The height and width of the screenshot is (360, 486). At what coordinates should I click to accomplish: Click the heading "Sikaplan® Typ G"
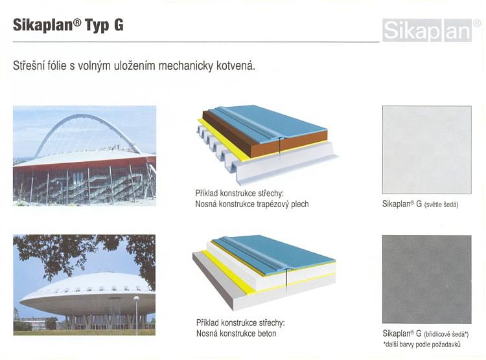point(68,25)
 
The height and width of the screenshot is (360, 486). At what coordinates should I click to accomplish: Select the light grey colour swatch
point(427,150)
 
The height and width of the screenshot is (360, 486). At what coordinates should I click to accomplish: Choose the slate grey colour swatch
point(427,279)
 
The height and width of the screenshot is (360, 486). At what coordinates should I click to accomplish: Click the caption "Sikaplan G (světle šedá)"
point(420,204)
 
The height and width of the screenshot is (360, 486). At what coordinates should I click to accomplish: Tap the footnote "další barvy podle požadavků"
point(422,344)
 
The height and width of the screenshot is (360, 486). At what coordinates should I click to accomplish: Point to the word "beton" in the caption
point(267,333)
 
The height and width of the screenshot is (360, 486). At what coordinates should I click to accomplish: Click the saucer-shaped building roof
point(87,289)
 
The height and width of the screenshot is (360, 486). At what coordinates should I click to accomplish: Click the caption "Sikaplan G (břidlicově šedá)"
point(426,333)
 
